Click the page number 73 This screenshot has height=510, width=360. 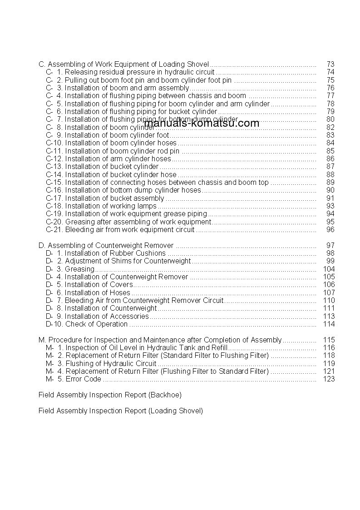tap(330, 64)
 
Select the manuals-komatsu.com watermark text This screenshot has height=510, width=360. tap(202, 123)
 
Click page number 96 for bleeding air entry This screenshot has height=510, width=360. tap(330, 230)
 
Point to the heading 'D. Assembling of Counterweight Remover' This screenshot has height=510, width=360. tap(106, 245)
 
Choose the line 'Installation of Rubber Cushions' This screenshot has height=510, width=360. tap(115, 253)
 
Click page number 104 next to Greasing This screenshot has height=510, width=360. tap(328, 269)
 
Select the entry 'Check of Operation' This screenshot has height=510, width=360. tap(96, 324)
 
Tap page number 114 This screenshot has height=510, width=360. tap(328, 324)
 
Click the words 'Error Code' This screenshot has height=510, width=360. tap(84, 379)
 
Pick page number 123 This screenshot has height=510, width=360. tap(328, 379)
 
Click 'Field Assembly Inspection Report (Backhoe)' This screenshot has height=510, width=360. tap(110, 395)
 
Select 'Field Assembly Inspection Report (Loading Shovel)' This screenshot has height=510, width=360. tap(121, 411)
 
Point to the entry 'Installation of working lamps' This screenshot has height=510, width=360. tap(110, 206)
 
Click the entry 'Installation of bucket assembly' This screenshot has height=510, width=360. tap(114, 198)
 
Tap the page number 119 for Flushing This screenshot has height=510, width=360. tap(328, 363)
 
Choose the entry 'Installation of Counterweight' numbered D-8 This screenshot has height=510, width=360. tap(111, 308)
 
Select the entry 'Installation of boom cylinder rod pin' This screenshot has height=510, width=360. tap(122, 151)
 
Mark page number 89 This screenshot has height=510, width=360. tap(330, 183)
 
